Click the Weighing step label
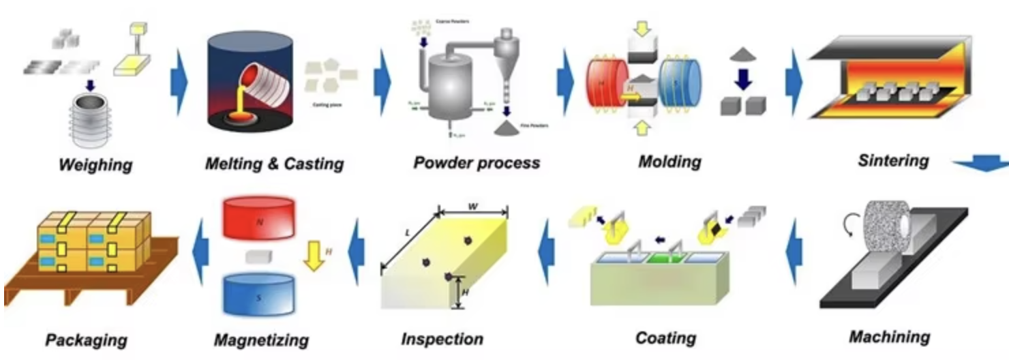coord(95,164)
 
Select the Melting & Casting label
coord(274,164)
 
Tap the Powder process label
coord(476,163)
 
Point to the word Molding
coord(669,162)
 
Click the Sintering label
coord(893,161)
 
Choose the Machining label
coord(889,336)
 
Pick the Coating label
coord(665,337)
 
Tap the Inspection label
coord(442,339)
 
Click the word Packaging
coord(86,340)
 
